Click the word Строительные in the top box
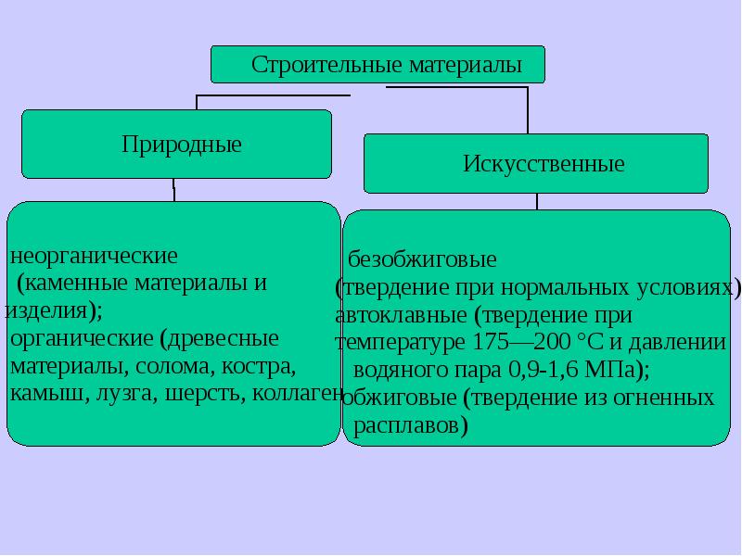[x=310, y=66]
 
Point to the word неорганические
[x=93, y=254]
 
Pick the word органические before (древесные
[x=82, y=336]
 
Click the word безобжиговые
[x=422, y=258]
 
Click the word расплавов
[x=411, y=426]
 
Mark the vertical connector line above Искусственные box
[x=528, y=111]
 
